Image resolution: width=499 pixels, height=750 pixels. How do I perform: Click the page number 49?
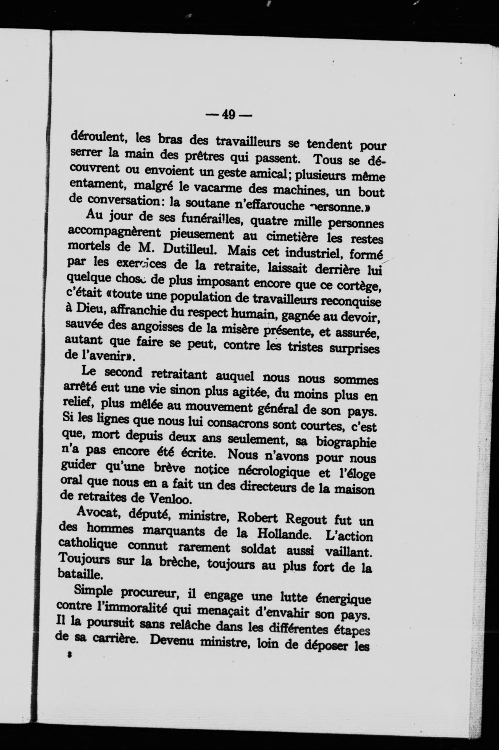(x=229, y=114)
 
